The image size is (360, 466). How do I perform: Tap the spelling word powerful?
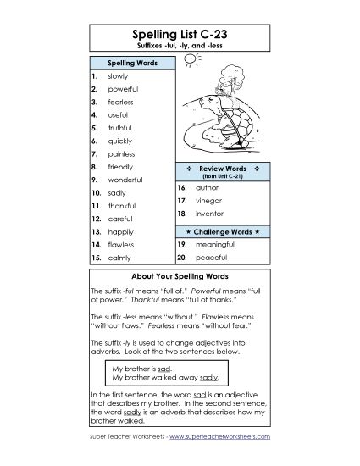123,88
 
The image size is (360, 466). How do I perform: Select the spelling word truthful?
122,128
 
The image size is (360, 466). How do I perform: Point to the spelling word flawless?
121,244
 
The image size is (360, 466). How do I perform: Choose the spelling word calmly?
119,257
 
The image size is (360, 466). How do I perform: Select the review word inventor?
211,215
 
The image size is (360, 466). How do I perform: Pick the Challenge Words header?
223,230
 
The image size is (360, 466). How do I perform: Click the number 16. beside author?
181,186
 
